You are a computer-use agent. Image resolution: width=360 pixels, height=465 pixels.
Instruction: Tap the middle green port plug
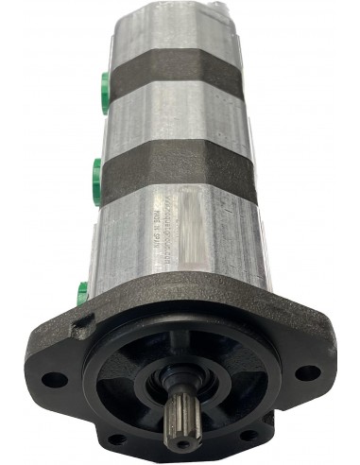tap(97, 175)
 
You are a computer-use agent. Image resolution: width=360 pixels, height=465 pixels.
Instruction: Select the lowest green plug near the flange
tap(83, 291)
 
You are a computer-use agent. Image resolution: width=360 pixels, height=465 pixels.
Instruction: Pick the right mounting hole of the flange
tap(306, 371)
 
